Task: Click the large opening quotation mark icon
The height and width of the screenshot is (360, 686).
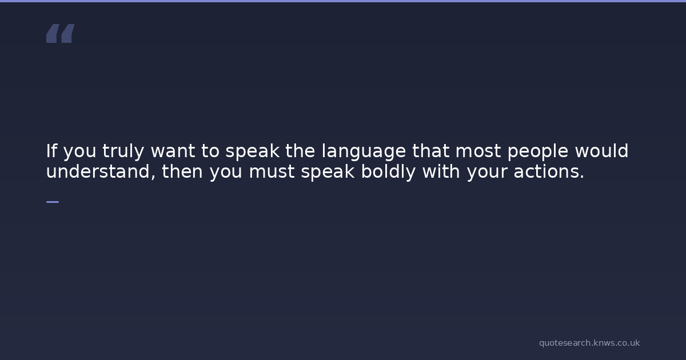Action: click(x=61, y=33)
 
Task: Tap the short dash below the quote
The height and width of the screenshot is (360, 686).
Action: click(x=53, y=202)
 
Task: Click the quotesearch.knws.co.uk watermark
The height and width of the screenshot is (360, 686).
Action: click(x=589, y=343)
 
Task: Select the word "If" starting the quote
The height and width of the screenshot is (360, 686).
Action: click(x=51, y=151)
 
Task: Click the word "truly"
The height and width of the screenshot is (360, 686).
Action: click(x=123, y=151)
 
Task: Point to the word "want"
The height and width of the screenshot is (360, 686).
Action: click(x=173, y=151)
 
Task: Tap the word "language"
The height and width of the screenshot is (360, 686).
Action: click(x=364, y=151)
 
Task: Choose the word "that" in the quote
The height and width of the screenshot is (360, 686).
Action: click(x=431, y=151)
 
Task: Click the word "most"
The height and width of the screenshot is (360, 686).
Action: click(x=478, y=151)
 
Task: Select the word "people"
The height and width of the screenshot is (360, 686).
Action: click(x=538, y=151)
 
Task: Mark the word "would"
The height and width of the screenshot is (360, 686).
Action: click(x=601, y=151)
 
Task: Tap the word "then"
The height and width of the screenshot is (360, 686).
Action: click(x=182, y=171)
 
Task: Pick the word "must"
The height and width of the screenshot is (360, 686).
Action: click(x=272, y=172)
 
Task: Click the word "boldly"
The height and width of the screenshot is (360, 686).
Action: click(x=388, y=172)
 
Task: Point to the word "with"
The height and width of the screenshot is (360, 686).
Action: click(x=441, y=171)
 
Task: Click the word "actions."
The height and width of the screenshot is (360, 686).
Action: click(x=549, y=172)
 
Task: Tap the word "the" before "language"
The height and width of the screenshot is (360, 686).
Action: click(x=300, y=151)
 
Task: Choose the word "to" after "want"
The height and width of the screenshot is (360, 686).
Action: click(x=210, y=151)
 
